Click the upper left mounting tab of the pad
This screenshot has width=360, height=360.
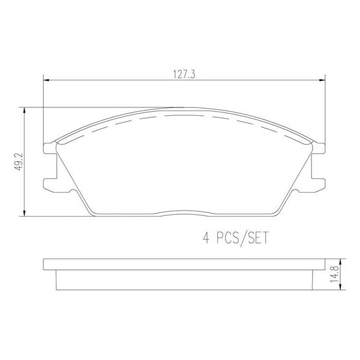click(49, 148)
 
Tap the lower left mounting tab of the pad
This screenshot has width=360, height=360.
click(49, 182)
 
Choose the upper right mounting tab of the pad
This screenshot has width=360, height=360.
click(319, 148)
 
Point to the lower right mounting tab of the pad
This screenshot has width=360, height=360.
click(319, 182)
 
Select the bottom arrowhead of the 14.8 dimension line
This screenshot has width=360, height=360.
click(340, 288)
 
